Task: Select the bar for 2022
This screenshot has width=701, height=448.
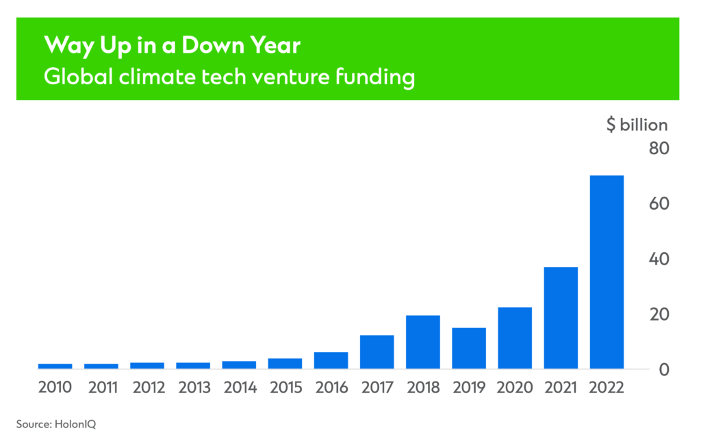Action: [x=607, y=273]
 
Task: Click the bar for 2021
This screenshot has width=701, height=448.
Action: [x=561, y=318]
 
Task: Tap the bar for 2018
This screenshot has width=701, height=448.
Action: [x=422, y=343]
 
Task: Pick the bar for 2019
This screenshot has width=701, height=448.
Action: [x=468, y=349]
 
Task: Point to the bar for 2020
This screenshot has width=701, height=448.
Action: [x=515, y=338]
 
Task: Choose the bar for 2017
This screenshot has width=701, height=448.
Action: [x=377, y=352]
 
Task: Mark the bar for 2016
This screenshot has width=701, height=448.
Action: [x=331, y=361]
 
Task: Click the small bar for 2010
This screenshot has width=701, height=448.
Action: [x=55, y=366]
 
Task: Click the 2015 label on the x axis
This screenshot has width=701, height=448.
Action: [x=285, y=388]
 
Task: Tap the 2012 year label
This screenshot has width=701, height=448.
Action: [x=147, y=388]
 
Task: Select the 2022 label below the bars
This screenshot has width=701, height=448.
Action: [x=607, y=388]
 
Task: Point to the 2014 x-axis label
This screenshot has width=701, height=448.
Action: [x=240, y=388]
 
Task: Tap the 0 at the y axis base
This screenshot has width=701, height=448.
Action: [x=663, y=370]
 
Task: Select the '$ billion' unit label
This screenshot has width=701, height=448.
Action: [x=636, y=125]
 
